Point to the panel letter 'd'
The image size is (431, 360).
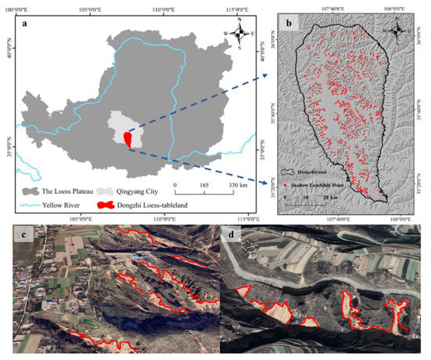tap(230, 236)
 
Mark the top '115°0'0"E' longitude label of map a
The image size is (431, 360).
tap(240, 7)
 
